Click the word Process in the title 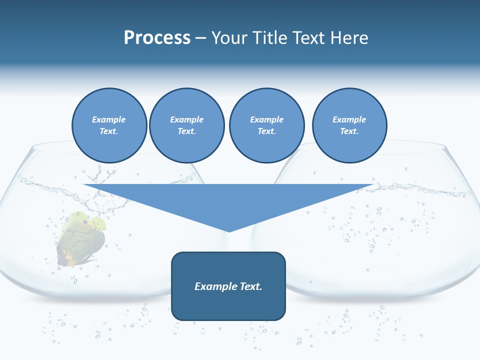(x=157, y=38)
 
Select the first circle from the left (x=109, y=125)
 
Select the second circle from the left (x=187, y=125)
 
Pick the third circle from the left (x=266, y=125)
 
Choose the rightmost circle (x=349, y=125)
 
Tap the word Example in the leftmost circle (x=109, y=119)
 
